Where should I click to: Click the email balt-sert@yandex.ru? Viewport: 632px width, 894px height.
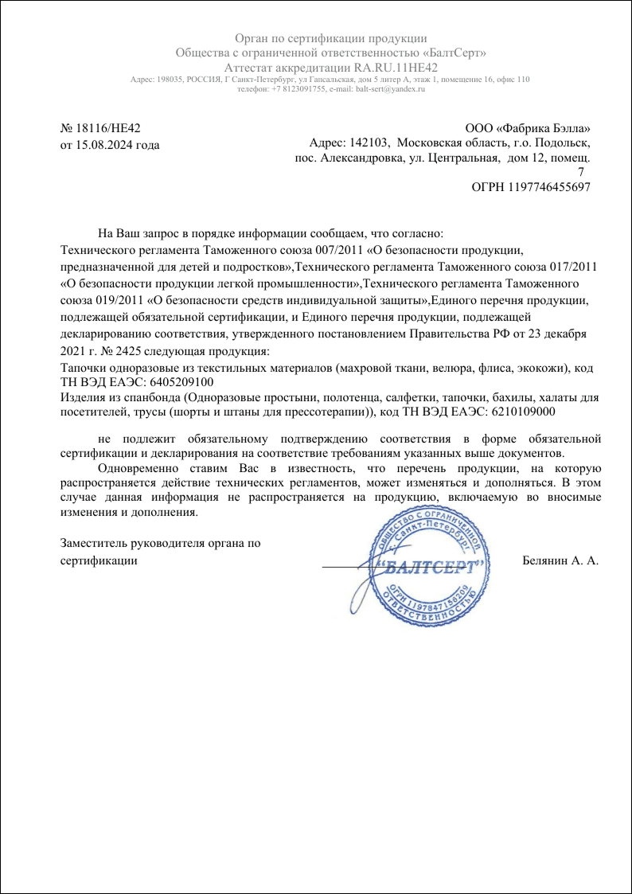point(390,89)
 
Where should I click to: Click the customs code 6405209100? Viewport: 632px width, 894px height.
point(181,381)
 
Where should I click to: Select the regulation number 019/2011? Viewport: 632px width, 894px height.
point(113,300)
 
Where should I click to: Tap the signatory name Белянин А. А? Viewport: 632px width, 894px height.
point(560,560)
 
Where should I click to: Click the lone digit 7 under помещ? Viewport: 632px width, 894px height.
point(579,172)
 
